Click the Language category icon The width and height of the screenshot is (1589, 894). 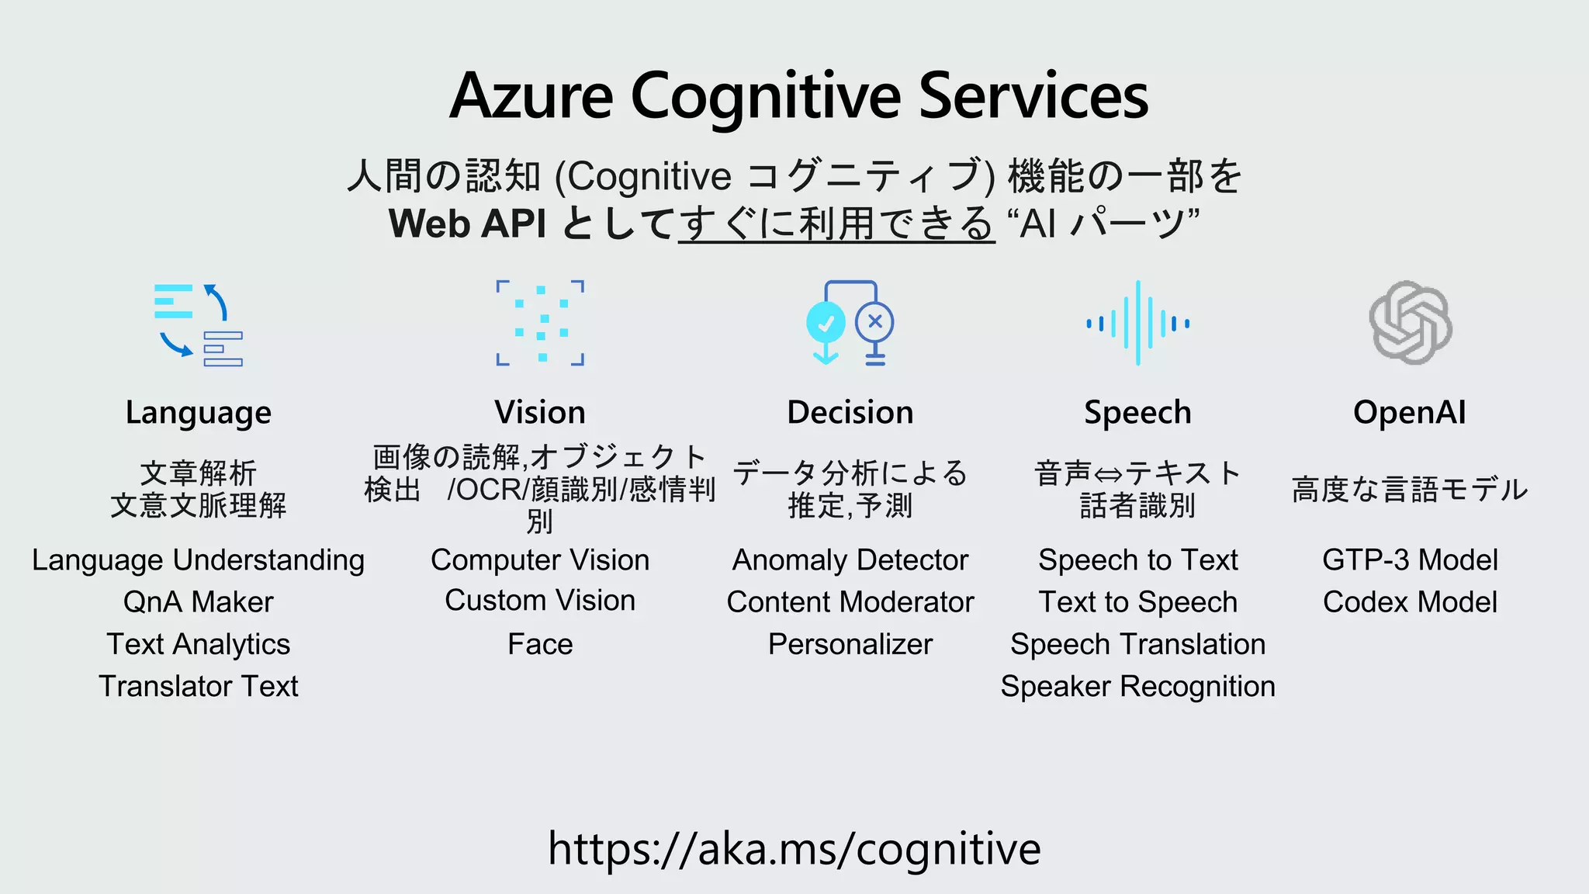click(x=199, y=324)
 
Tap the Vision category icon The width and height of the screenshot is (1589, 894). click(x=540, y=323)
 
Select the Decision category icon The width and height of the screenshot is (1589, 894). click(x=850, y=323)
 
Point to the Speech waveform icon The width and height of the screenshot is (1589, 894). click(x=1137, y=323)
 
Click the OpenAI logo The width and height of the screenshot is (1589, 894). click(x=1410, y=323)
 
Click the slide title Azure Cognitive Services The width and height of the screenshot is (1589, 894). click(x=798, y=96)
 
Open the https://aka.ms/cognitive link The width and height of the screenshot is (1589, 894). click(x=794, y=848)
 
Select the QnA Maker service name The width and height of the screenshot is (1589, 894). click(x=199, y=602)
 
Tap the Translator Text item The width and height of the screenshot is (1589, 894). click(x=199, y=686)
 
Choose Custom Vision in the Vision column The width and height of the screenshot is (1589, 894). click(x=540, y=601)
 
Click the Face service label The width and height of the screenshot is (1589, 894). click(x=540, y=644)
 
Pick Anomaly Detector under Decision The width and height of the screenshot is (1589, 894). click(x=850, y=560)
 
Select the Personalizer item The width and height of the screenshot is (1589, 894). click(x=850, y=644)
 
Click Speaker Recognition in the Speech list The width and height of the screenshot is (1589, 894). click(x=1137, y=686)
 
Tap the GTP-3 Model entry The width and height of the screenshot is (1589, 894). click(x=1410, y=560)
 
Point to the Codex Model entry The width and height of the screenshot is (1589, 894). click(x=1410, y=602)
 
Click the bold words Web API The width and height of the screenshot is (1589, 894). click(x=468, y=223)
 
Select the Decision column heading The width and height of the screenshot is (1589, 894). click(x=850, y=412)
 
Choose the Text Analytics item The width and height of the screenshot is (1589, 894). click(x=199, y=644)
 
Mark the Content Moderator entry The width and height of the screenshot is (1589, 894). click(x=850, y=602)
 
